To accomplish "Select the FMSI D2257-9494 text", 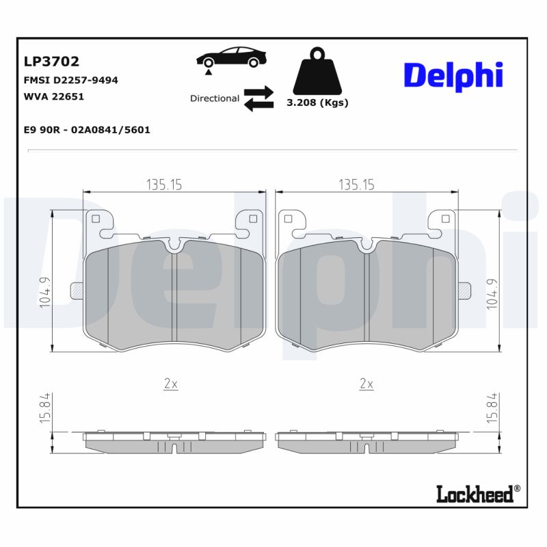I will [71, 80].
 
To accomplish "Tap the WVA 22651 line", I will [54, 96].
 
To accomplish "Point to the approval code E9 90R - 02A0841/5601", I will [87, 129].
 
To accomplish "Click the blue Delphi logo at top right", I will [453, 75].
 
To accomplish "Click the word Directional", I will [215, 98].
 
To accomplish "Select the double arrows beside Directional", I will [258, 98].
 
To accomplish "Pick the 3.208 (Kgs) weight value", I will [317, 103].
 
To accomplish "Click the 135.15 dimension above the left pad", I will [164, 185].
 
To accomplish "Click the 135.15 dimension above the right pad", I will [356, 185].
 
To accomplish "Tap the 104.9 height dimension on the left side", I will [45, 293].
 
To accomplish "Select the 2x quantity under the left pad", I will [170, 384].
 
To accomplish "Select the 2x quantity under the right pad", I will [366, 384].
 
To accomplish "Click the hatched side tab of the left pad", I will [77, 291].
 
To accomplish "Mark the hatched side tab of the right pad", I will [464, 291].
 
